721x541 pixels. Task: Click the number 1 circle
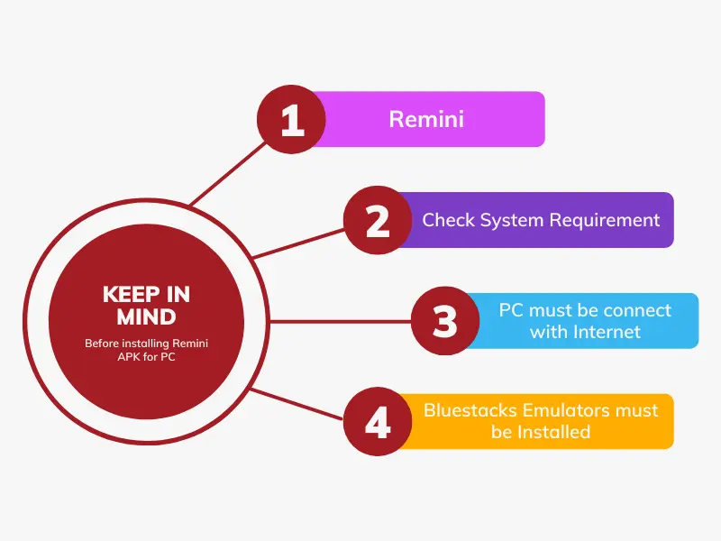pyautogui.click(x=290, y=119)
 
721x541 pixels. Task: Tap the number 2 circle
pyautogui.click(x=378, y=220)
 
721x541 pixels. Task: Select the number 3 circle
pyautogui.click(x=445, y=321)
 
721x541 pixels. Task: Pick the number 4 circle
pyautogui.click(x=378, y=421)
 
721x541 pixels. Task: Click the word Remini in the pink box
pyautogui.click(x=426, y=119)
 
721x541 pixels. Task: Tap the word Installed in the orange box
pyautogui.click(x=553, y=432)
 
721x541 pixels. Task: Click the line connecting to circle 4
pyautogui.click(x=297, y=405)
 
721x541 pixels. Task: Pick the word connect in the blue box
pyautogui.click(x=637, y=310)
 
